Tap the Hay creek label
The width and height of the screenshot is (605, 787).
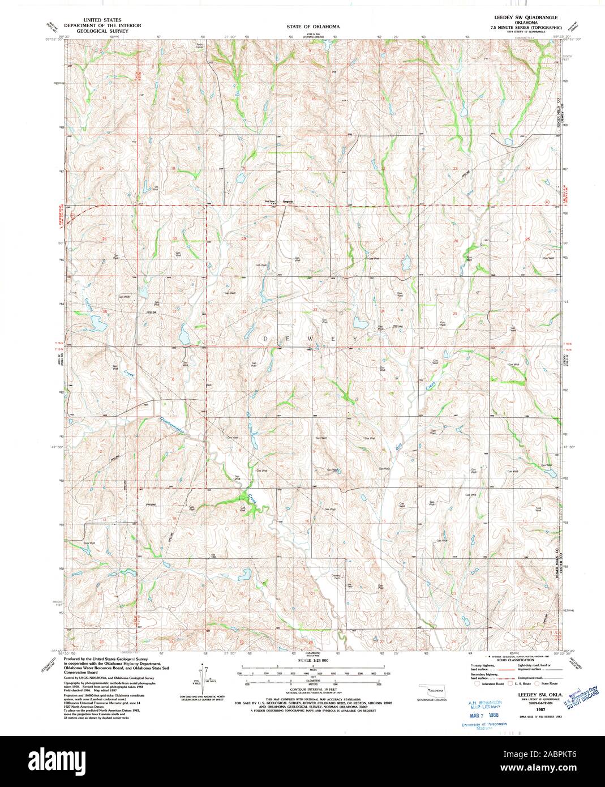pos(400,446)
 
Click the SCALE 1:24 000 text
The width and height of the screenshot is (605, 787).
pos(312,661)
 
